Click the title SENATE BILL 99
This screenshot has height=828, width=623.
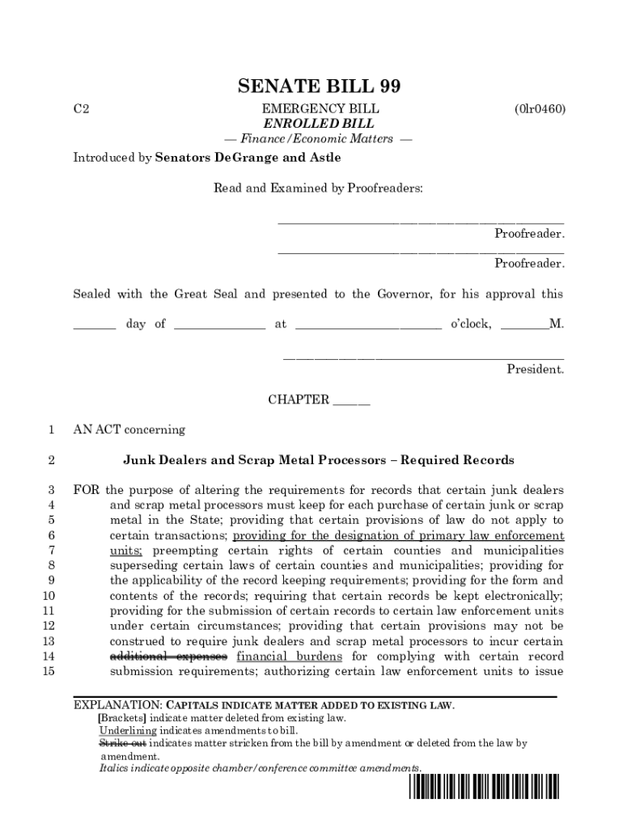(x=319, y=87)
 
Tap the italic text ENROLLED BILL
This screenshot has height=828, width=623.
(x=319, y=124)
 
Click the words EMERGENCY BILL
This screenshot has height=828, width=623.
(x=319, y=109)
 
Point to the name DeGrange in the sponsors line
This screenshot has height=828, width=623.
(x=245, y=158)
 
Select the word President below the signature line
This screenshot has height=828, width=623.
(x=535, y=370)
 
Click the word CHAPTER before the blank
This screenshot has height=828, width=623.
(x=299, y=399)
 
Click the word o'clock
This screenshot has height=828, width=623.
(x=470, y=324)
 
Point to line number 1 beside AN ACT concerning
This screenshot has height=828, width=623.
(x=51, y=429)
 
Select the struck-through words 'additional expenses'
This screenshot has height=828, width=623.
(x=168, y=657)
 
